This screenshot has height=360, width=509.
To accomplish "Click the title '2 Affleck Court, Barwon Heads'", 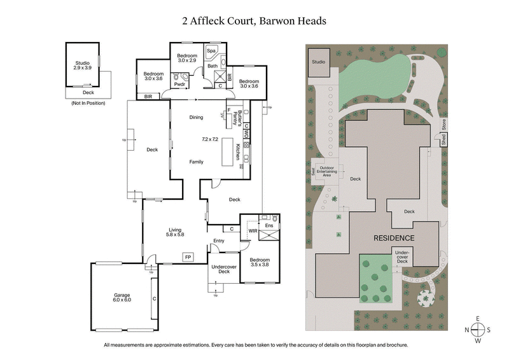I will [x=254, y=20].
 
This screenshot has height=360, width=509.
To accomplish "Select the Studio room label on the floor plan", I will [x=82, y=65].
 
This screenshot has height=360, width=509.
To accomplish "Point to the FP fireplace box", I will [x=188, y=256].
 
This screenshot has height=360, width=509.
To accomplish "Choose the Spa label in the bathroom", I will [x=212, y=50].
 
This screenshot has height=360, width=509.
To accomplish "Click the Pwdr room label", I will [x=179, y=83].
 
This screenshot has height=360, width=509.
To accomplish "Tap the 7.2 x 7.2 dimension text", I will [x=210, y=139].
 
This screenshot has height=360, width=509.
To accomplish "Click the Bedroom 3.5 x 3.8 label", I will [x=259, y=263].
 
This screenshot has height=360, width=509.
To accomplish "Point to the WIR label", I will [x=253, y=231].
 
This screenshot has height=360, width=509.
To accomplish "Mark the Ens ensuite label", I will [x=268, y=225].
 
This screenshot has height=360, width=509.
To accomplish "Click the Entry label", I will [x=219, y=240].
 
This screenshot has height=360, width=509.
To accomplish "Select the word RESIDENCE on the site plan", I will [x=394, y=238].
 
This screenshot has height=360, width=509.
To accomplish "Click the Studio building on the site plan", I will [x=318, y=62].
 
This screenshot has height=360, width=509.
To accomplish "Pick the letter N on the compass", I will [x=468, y=329].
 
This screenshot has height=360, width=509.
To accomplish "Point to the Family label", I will [x=196, y=162].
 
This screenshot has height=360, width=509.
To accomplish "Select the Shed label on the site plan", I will [x=443, y=141].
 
